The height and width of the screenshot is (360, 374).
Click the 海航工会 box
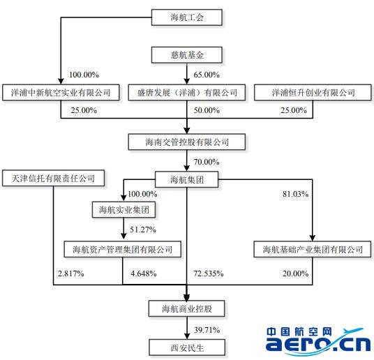point(187,17)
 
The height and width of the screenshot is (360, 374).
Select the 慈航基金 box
point(187,55)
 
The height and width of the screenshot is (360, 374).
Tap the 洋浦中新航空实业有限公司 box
point(61,92)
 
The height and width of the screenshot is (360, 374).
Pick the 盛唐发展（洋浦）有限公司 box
point(187,92)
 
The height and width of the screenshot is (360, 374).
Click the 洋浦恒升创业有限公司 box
point(313,92)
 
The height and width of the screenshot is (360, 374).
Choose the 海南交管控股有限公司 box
point(187,142)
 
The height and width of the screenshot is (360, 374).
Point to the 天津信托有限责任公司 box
point(53,178)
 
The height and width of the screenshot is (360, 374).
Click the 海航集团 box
point(187,179)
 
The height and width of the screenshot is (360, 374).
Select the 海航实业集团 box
point(124,210)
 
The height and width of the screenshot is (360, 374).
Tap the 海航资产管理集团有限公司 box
point(123,249)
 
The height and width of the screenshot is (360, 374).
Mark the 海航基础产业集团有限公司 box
point(313,249)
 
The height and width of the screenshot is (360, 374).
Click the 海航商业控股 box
point(187,308)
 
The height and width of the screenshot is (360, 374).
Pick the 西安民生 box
point(187,347)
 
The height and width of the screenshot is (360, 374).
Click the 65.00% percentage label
point(207,75)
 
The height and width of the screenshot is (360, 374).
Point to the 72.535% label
point(209,273)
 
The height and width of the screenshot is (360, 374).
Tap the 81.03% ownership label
point(296,194)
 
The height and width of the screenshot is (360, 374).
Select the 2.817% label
point(71,273)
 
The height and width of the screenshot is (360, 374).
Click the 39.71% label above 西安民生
point(207,330)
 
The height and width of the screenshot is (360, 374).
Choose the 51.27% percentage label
point(143,230)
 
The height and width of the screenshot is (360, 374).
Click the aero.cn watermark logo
point(318,340)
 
